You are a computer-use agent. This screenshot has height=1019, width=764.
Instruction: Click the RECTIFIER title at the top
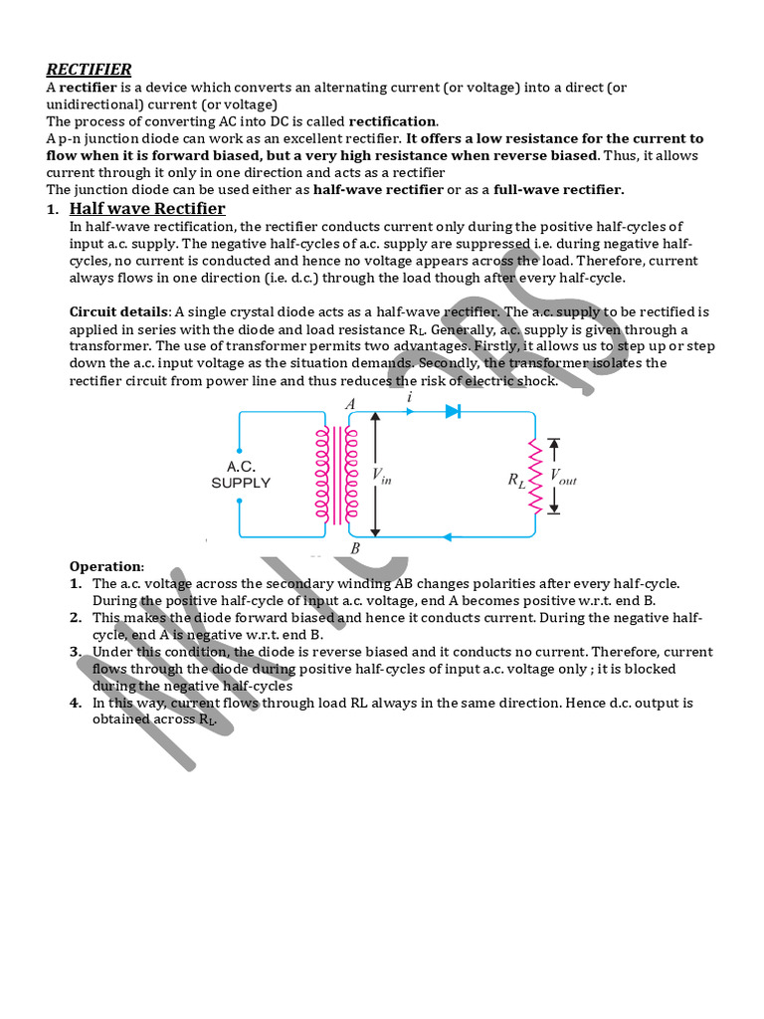pyautogui.click(x=89, y=69)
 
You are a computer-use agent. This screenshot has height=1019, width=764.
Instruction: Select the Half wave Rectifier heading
pyautogui.click(x=147, y=208)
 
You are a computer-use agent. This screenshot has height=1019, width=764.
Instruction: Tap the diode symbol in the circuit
pyautogui.click(x=454, y=410)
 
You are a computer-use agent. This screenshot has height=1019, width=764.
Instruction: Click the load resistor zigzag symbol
pyautogui.click(x=534, y=477)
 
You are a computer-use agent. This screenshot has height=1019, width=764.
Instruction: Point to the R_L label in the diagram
pyautogui.click(x=516, y=479)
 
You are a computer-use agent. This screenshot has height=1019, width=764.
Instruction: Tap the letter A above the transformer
pyautogui.click(x=349, y=404)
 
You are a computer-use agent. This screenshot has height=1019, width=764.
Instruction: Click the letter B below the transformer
pyautogui.click(x=355, y=547)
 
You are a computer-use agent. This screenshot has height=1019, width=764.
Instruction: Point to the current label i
pyautogui.click(x=410, y=396)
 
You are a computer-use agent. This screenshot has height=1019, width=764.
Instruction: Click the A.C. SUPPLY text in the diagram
pyautogui.click(x=241, y=474)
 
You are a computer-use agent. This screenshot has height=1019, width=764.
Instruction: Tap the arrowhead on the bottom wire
pyautogui.click(x=447, y=537)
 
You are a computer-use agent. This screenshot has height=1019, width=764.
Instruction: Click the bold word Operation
pyautogui.click(x=106, y=566)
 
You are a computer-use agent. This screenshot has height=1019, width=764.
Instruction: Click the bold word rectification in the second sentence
pyautogui.click(x=392, y=121)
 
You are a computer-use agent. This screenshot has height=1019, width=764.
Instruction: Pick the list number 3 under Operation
pyautogui.click(x=76, y=652)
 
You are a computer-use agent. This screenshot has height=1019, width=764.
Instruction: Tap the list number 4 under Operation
pyautogui.click(x=76, y=703)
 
